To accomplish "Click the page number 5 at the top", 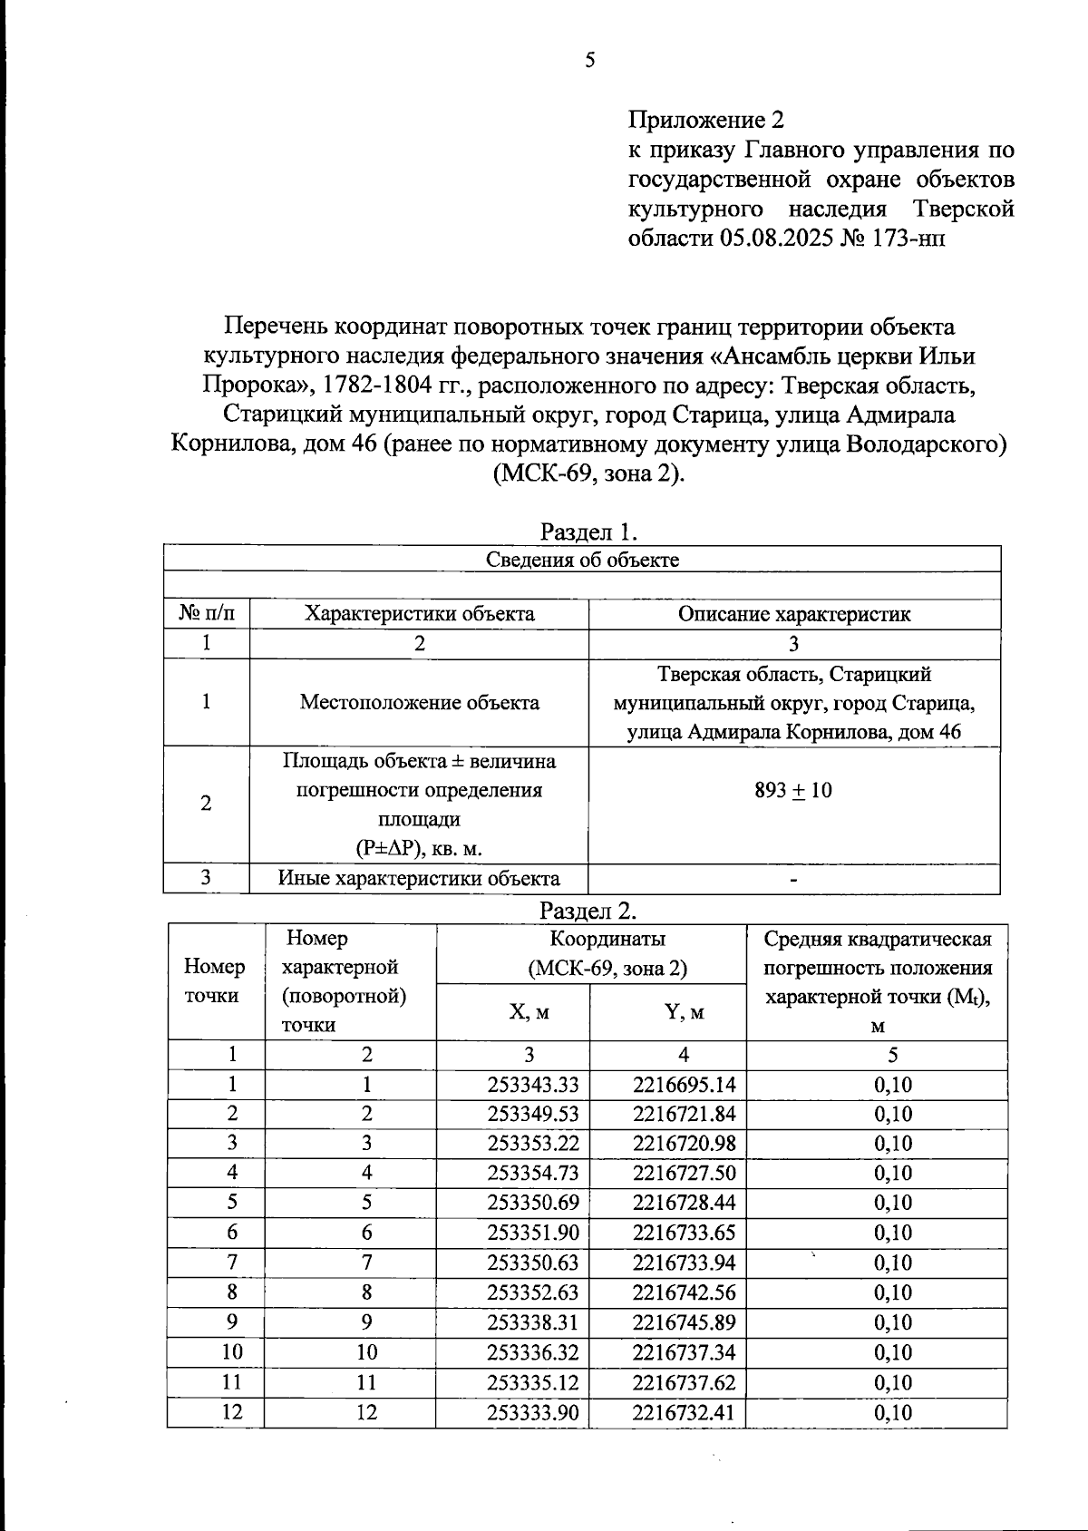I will pos(590,61).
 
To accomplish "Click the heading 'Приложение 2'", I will pos(705,120).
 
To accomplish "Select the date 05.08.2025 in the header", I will pos(776,239).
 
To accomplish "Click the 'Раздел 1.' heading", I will pos(589,531).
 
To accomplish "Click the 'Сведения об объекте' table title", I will pos(582,560).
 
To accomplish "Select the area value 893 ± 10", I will pos(793,790).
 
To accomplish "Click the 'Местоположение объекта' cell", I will pos(419,702).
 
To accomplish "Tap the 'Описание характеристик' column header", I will pos(794,614).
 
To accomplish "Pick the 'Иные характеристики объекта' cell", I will pos(419,878).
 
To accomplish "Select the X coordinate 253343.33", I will pos(532,1085).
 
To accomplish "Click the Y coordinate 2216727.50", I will pos(684,1173).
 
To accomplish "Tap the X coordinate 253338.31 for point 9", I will pos(532,1322).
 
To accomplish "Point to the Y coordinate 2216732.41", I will pos(684,1412).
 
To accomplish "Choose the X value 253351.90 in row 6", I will pos(532,1233).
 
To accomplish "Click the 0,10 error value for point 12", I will pos(892,1412).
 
